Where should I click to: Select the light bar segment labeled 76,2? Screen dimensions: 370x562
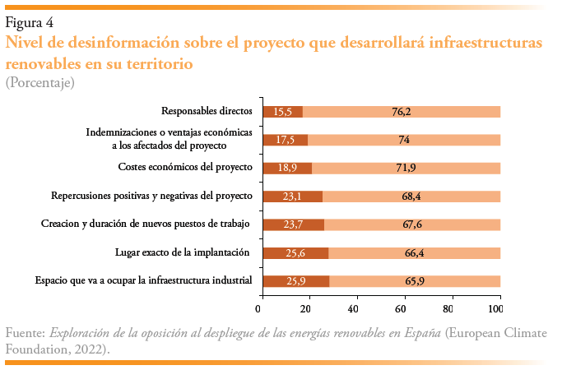(x=402, y=112)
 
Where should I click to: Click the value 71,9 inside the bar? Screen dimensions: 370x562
(x=406, y=169)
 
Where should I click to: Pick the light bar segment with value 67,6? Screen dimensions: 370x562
(x=412, y=224)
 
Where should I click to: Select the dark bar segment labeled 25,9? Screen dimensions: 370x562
(x=295, y=281)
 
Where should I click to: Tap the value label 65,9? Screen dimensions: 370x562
(x=415, y=281)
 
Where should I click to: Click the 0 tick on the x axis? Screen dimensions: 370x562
(x=258, y=309)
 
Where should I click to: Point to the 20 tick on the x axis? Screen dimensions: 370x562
(x=305, y=309)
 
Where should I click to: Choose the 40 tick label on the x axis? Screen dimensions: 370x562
(x=353, y=309)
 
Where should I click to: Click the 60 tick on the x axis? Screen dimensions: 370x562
(x=401, y=309)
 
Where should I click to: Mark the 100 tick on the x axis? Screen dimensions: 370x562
(x=495, y=309)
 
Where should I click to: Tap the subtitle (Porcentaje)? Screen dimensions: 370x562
(x=40, y=82)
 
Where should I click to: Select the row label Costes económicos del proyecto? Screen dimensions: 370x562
(x=185, y=168)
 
